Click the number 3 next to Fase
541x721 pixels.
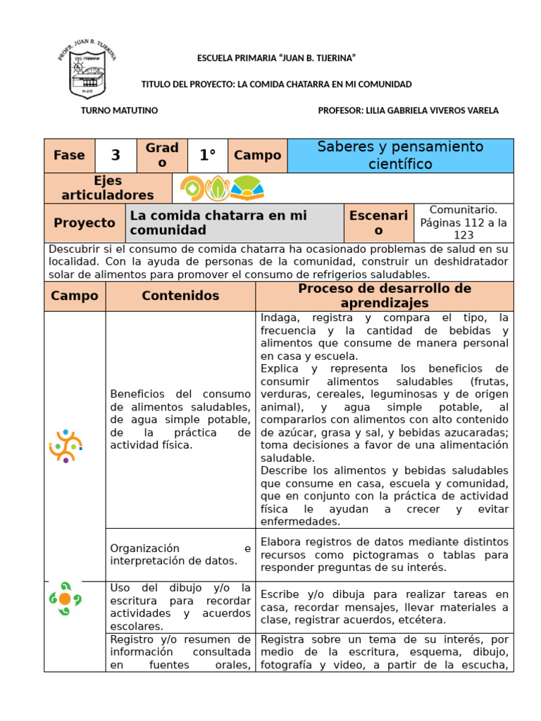[116, 156]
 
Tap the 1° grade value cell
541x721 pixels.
[207, 156]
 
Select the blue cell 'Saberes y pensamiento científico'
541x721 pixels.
[400, 156]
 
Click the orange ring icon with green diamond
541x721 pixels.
[191, 188]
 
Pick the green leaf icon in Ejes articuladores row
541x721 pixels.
[217, 188]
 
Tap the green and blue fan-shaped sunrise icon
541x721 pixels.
[247, 188]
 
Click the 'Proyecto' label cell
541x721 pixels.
[85, 223]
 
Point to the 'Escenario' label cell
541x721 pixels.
[379, 223]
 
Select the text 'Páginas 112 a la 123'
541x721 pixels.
[463, 229]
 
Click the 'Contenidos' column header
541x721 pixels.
[180, 296]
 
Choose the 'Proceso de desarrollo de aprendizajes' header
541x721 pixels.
[385, 296]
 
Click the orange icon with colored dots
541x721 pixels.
[66, 445]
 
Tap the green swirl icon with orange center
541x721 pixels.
[65, 598]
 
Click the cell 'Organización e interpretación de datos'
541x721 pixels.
[180, 554]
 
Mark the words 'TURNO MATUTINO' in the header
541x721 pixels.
[120, 111]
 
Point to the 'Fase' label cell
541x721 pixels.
[69, 156]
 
